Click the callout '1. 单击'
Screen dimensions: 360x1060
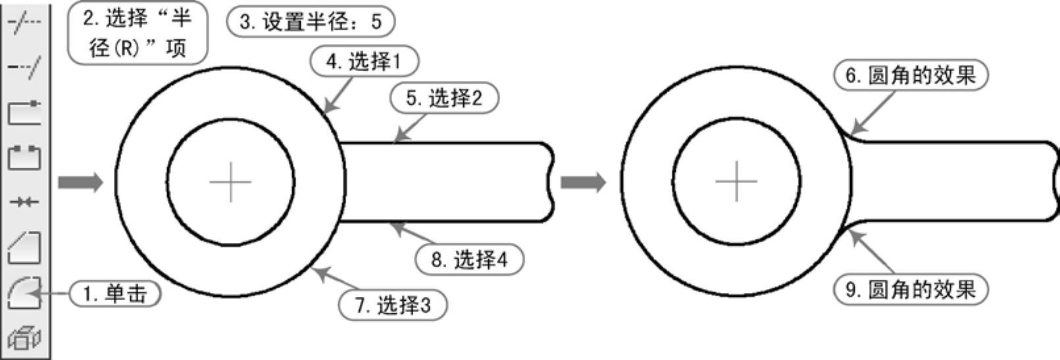[116, 294]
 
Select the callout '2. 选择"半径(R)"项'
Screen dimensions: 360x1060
[138, 33]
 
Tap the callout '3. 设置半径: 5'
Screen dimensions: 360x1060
[311, 22]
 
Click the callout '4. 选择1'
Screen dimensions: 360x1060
[364, 62]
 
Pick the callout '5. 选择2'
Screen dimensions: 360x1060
[444, 99]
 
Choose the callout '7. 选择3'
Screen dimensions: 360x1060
[393, 305]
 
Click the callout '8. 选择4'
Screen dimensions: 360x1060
[470, 259]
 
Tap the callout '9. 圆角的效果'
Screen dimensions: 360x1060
[911, 290]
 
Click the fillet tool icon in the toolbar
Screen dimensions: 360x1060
[24, 292]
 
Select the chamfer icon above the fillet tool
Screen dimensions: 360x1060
[24, 247]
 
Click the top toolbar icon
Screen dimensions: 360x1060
[24, 22]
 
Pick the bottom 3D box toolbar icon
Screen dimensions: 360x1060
[24, 338]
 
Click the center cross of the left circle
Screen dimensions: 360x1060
[230, 182]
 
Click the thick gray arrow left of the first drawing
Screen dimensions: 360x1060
[80, 182]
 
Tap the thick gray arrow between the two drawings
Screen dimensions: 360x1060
[582, 182]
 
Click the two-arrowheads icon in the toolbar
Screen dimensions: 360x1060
[24, 202]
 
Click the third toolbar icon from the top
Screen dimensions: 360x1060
[24, 113]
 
